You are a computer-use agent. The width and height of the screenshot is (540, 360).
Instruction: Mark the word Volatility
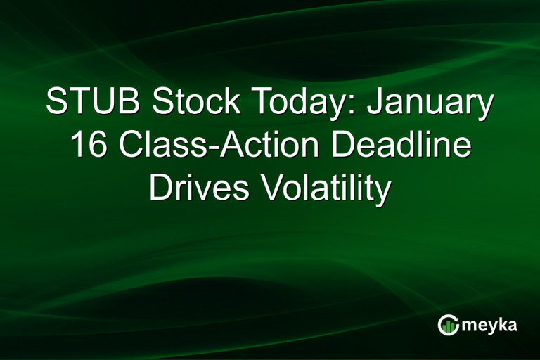320,190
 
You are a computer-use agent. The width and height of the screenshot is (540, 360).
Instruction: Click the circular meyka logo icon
448,324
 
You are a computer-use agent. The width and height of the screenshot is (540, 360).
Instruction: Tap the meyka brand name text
490,325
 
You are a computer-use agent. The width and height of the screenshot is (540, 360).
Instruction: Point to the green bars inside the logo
449,326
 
